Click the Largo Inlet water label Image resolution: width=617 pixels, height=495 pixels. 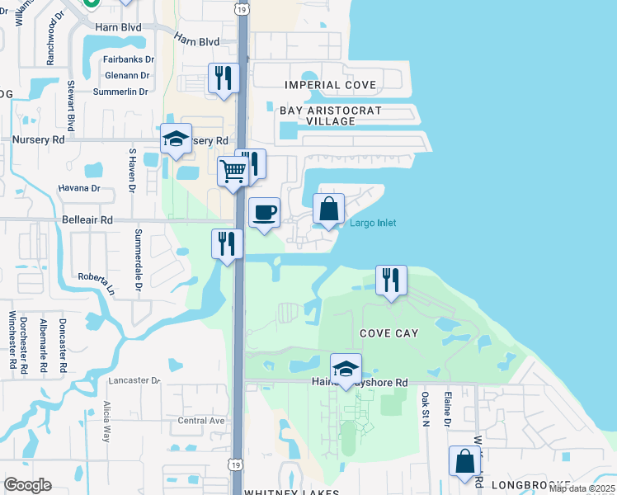373,224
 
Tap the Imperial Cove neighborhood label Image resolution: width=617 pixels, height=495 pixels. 330,85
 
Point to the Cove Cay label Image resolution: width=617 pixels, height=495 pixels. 389,333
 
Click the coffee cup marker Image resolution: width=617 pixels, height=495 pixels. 264,213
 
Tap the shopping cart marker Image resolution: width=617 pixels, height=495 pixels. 233,172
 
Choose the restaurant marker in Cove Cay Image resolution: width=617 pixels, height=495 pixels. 391,280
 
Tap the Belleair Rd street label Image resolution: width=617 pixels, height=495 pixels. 87,220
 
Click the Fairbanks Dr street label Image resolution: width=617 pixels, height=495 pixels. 130,59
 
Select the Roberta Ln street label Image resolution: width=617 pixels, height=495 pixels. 97,281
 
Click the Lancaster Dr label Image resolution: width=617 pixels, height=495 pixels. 133,380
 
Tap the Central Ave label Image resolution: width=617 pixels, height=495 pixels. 201,421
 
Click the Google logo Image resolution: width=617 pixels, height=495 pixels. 27,485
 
